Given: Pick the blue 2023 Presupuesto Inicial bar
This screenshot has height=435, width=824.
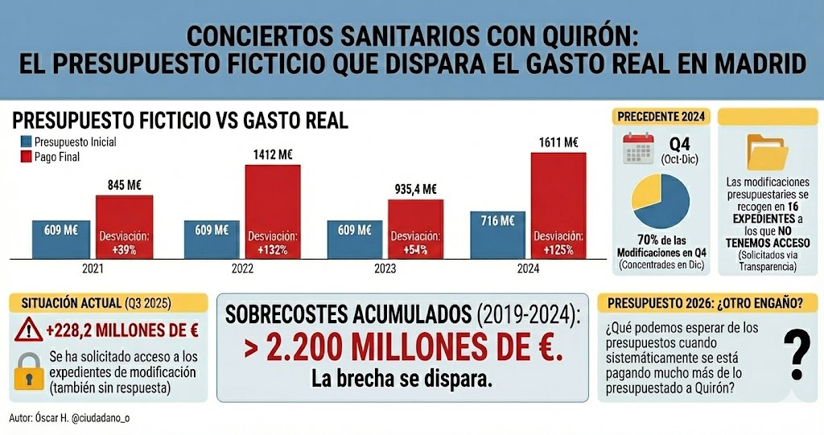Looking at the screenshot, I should coord(354,239).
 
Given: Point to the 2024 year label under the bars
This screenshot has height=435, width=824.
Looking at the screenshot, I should coord(529,268).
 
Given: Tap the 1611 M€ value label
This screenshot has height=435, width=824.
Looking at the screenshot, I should coord(558,142).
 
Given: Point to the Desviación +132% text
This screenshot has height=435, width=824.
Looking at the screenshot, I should coord(273,242).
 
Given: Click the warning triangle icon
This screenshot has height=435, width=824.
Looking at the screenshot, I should coord(29,328).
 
